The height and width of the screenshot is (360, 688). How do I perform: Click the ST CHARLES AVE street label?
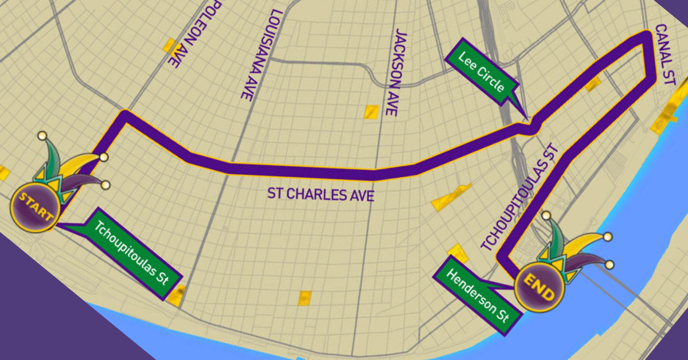pyautogui.click(x=320, y=194)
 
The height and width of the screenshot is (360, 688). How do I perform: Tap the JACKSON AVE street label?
pyautogui.click(x=404, y=73)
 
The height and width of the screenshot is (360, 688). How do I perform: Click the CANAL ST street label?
pyautogui.click(x=666, y=54)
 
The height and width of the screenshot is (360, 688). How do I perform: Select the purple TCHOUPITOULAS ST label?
pyautogui.click(x=518, y=197)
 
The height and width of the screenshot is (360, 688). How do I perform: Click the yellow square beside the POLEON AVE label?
pyautogui.click(x=169, y=45)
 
